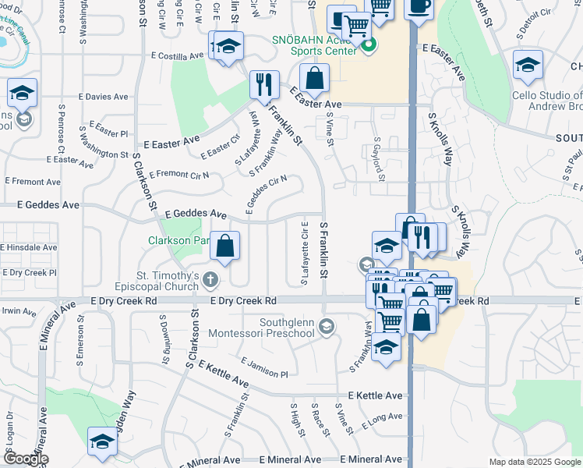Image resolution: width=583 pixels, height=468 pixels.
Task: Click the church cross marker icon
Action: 210,278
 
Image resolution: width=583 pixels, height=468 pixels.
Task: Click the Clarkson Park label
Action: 178,240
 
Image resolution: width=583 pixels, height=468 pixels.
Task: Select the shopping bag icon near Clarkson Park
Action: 224,247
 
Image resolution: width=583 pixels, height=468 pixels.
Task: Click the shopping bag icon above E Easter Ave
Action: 314,78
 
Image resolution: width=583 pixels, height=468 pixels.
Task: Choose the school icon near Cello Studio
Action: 528,66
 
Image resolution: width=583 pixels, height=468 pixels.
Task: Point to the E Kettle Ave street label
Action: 376,396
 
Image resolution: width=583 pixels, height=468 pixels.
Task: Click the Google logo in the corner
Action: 25,459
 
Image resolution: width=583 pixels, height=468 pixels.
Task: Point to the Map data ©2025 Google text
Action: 534,462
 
